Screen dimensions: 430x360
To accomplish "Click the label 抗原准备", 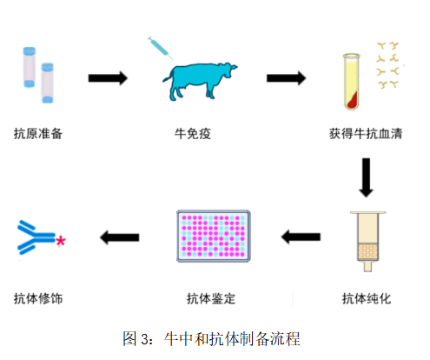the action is click(x=38, y=134).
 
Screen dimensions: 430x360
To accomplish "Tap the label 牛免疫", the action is click(x=193, y=134).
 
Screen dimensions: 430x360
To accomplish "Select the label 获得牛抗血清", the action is click(x=366, y=134).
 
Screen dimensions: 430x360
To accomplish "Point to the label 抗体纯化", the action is click(x=367, y=298).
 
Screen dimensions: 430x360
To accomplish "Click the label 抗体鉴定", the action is click(x=211, y=298).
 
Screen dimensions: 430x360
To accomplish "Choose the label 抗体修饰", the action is click(x=38, y=298).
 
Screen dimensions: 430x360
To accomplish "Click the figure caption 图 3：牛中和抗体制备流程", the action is click(x=211, y=338).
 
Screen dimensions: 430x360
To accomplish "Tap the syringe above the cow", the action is click(x=161, y=49).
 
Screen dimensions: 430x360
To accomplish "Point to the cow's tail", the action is click(x=169, y=76).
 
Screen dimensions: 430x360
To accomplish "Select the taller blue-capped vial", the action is click(x=30, y=67).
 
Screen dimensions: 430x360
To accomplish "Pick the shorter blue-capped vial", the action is click(x=47, y=83).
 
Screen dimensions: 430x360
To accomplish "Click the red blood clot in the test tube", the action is click(x=354, y=100).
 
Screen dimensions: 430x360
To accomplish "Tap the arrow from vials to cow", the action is click(x=108, y=78).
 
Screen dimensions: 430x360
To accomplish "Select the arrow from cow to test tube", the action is click(x=286, y=78).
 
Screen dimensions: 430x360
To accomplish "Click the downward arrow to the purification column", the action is click(x=366, y=177).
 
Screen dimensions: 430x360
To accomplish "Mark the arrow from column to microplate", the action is click(x=301, y=237).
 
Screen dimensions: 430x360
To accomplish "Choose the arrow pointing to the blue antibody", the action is click(x=120, y=237).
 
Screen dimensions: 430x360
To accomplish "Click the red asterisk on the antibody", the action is click(x=61, y=241).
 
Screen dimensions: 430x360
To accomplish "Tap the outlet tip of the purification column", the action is click(x=367, y=267).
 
